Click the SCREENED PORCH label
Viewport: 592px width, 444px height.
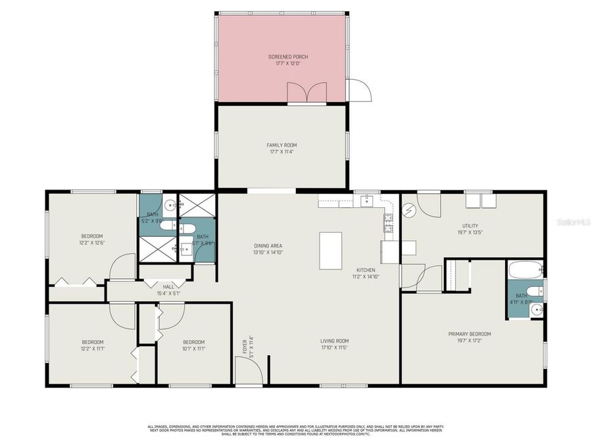click(287, 57)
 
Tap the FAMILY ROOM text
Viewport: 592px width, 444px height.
click(281, 145)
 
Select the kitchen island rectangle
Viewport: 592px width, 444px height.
click(330, 251)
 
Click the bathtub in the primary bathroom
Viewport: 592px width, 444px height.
click(524, 268)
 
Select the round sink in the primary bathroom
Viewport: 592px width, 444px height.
click(537, 309)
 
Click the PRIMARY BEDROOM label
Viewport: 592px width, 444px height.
click(469, 334)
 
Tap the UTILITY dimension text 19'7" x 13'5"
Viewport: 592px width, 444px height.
click(469, 232)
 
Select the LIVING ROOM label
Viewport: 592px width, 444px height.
click(334, 341)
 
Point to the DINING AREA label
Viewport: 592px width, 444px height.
click(268, 246)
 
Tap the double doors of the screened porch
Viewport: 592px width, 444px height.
click(307, 93)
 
